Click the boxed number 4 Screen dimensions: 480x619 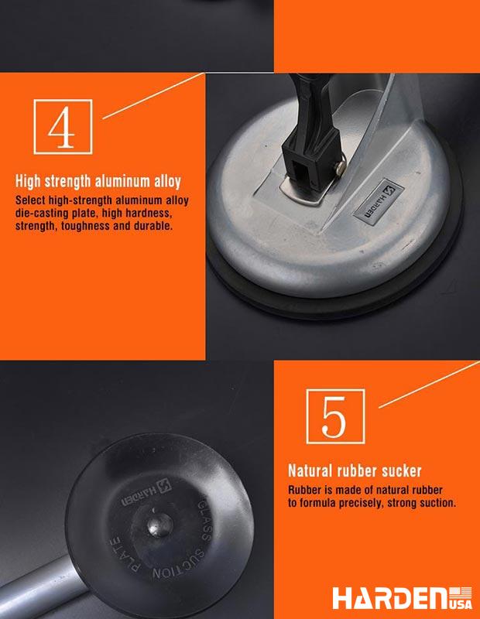[63, 127]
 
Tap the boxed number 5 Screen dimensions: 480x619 [335, 416]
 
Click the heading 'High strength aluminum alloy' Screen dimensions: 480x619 [98, 181]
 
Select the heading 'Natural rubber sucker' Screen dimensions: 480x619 [355, 470]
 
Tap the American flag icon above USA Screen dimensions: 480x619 [461, 593]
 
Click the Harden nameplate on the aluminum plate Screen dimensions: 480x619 [379, 202]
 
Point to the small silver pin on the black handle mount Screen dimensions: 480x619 [340, 169]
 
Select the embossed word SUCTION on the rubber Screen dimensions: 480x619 [179, 566]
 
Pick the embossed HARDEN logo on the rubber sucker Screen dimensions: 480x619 [146, 493]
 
